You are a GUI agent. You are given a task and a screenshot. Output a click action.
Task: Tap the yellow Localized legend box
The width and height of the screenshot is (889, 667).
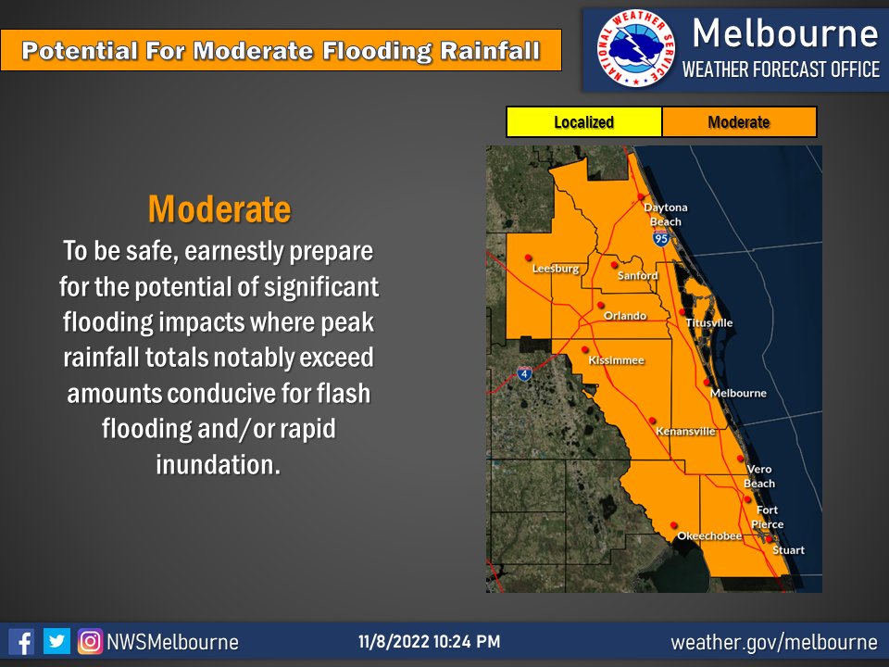tap(583, 122)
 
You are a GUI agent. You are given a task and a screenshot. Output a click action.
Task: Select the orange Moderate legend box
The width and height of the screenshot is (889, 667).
tap(738, 122)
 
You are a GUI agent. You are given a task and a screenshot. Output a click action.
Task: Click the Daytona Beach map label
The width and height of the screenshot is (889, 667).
tap(665, 214)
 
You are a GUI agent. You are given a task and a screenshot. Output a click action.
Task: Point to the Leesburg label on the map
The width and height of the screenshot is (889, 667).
tap(556, 269)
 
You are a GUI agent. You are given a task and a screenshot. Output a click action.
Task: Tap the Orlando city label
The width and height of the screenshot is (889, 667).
tap(625, 316)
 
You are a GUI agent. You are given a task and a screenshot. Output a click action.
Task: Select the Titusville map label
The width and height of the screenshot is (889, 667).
tap(709, 322)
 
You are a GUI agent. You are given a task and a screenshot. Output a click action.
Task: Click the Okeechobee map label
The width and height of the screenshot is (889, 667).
tap(708, 536)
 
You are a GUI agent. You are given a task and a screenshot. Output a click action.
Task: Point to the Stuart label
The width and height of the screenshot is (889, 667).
tap(788, 550)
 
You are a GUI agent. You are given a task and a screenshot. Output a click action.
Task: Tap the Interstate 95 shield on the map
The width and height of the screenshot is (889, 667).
tap(660, 239)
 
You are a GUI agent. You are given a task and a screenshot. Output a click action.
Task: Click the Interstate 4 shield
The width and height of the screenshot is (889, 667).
tap(525, 373)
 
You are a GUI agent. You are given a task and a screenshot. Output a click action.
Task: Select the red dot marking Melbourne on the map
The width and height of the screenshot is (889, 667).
tap(707, 382)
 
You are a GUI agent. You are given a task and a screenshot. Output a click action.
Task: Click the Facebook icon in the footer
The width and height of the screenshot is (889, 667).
tap(21, 641)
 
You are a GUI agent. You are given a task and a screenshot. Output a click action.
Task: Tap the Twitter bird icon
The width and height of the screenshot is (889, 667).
tap(56, 641)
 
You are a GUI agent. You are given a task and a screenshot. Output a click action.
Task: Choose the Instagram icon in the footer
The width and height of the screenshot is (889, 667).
tap(90, 641)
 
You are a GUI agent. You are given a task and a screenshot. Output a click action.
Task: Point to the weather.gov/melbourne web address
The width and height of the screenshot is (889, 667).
tap(773, 642)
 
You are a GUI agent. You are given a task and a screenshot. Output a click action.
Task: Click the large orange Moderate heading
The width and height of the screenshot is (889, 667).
tap(219, 209)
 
